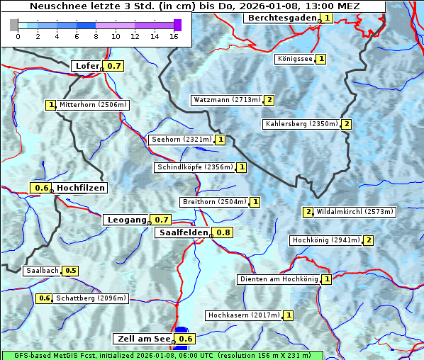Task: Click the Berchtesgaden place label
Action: click(x=281, y=17)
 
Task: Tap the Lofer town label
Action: click(x=87, y=66)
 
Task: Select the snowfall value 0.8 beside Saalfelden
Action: click(x=223, y=232)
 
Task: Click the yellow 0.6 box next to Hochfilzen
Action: click(x=42, y=188)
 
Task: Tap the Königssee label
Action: click(x=294, y=59)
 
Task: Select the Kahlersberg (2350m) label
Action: click(x=301, y=124)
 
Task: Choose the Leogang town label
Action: click(x=126, y=220)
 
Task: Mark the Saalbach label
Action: click(x=42, y=271)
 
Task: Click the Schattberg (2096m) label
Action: click(x=91, y=298)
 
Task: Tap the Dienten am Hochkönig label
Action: click(x=278, y=279)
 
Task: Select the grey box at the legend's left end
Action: click(x=14, y=25)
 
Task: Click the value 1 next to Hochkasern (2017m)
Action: click(x=289, y=315)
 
